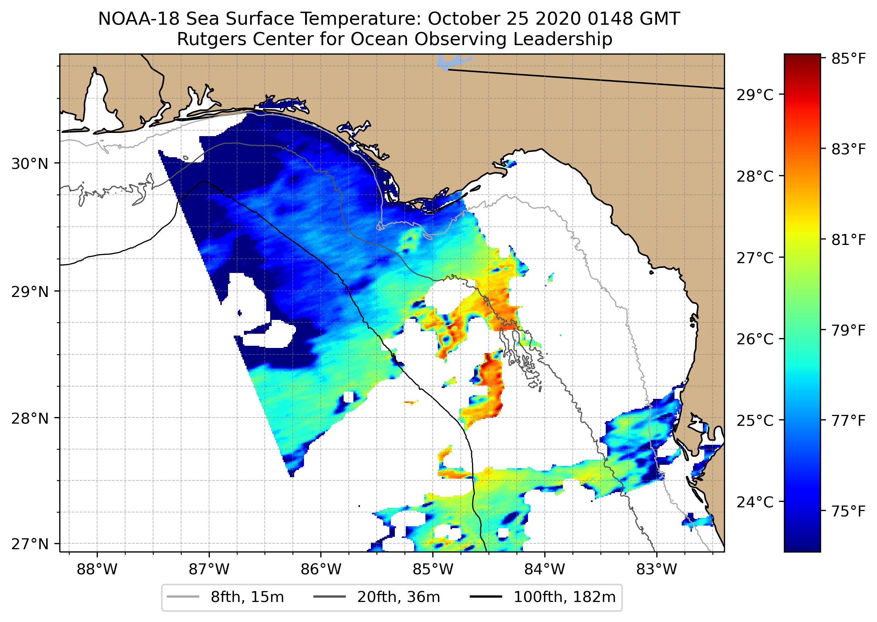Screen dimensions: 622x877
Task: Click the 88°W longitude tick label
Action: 97,570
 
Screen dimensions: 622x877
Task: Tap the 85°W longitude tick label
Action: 433,570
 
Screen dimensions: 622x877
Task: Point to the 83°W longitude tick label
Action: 657,570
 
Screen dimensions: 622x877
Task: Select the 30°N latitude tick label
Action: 30,164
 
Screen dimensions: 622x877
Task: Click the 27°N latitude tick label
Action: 30,544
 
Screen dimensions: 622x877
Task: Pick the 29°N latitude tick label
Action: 30,292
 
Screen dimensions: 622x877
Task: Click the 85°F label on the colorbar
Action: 848,59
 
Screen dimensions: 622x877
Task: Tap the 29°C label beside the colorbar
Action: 755,95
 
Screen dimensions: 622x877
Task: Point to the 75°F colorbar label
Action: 848,511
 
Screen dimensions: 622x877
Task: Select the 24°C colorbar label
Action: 755,502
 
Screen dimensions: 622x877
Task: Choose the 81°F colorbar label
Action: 848,240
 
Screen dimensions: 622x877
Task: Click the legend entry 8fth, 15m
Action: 247,597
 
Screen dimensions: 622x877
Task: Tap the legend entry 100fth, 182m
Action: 564,597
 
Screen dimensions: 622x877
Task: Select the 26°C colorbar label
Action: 755,339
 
